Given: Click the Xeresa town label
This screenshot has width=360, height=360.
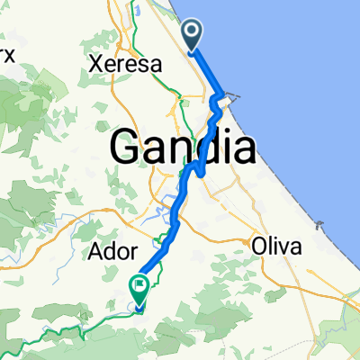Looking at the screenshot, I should point(125,65).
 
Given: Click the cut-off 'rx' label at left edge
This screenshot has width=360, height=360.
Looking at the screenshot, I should point(7,54).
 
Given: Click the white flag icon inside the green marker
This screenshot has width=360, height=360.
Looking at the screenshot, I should point(140,286).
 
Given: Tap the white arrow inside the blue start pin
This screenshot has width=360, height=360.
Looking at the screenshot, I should point(193,33).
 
